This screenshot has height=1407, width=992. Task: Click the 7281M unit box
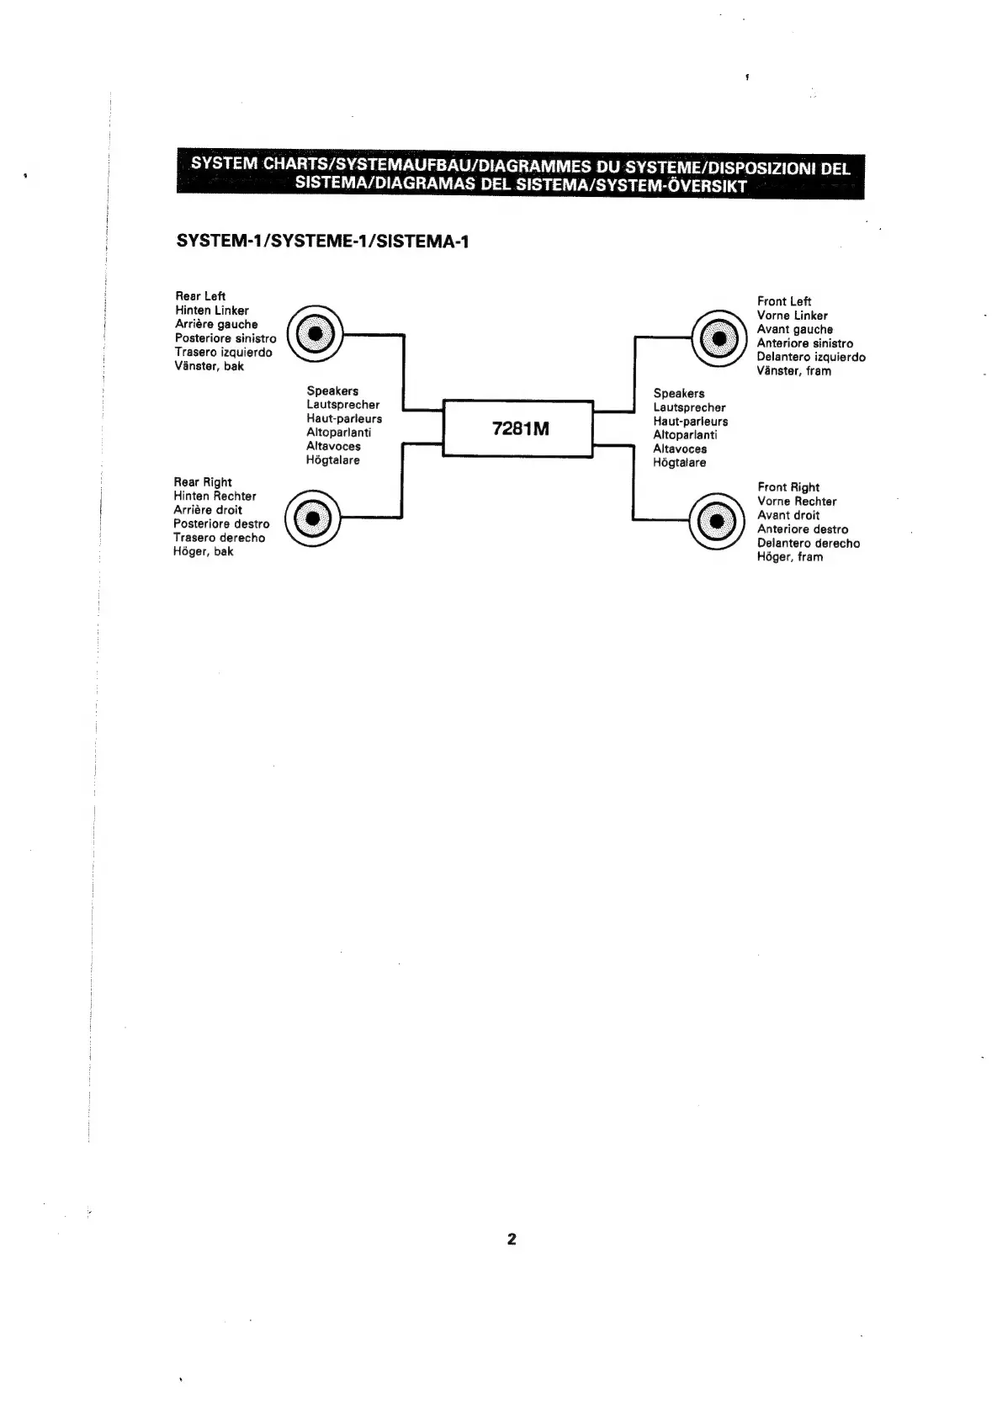pos(518,428)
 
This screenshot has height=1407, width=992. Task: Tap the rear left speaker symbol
pos(314,334)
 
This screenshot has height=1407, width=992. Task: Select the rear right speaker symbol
pos(312,518)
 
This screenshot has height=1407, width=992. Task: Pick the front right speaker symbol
pos(716,522)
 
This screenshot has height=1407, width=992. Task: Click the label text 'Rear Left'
pos(200,296)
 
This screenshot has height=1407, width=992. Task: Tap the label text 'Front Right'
pos(788,487)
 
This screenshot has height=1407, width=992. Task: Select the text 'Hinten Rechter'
pos(215,496)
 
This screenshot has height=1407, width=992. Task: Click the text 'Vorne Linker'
pos(792,316)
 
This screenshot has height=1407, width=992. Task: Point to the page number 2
pos(512,1239)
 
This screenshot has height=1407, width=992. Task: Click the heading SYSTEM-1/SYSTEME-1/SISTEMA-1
pos(322,242)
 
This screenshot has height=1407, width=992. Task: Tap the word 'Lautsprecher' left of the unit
pos(342,405)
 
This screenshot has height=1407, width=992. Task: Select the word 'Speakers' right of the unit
pos(679,394)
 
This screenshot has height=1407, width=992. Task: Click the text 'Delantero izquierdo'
pos(811,357)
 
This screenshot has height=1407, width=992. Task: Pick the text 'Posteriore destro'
pos(221,524)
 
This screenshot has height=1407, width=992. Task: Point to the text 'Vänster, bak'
pos(210,366)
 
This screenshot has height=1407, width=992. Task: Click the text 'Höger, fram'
pos(790,557)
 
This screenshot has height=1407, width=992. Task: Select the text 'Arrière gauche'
pos(216,324)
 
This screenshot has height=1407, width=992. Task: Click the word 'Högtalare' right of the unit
pos(680,463)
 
